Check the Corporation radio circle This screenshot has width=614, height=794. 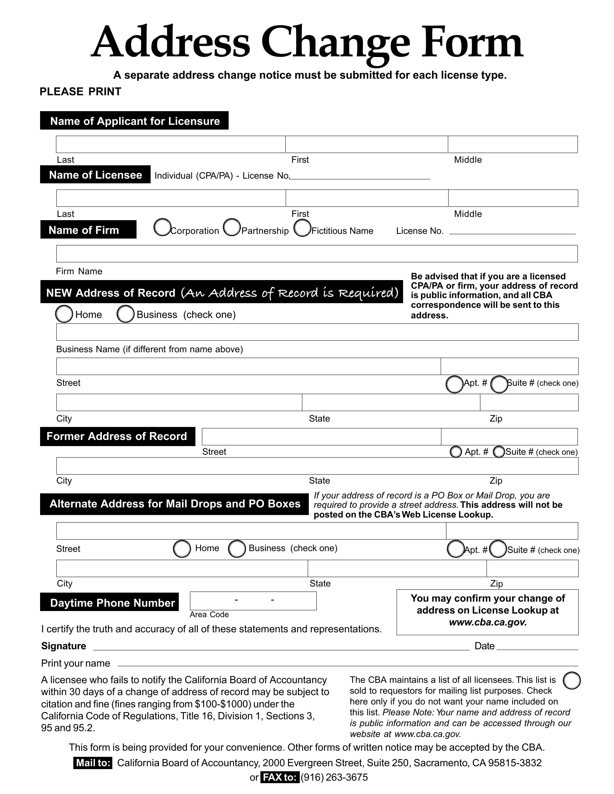click(x=162, y=227)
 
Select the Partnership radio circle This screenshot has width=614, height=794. click(x=232, y=227)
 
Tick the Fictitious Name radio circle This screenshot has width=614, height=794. click(x=302, y=228)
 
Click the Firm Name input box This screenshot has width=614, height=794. click(x=316, y=254)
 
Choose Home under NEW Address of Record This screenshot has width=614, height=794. click(x=64, y=314)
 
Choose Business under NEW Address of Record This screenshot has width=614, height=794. click(x=125, y=314)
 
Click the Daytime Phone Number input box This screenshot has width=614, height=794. click(x=253, y=601)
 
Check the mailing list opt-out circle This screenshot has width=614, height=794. click(x=571, y=681)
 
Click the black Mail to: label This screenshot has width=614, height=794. click(x=93, y=763)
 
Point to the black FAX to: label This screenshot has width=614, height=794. click(x=280, y=777)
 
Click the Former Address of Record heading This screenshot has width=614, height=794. click(x=117, y=436)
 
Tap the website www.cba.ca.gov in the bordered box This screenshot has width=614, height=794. click(x=488, y=622)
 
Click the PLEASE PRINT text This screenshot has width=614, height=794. click(x=81, y=92)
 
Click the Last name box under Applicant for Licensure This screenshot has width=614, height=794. click(x=170, y=144)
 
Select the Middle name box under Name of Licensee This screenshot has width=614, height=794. click(x=513, y=198)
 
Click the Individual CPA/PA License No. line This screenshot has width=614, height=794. click(x=359, y=176)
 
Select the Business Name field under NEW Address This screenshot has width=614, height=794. click(x=316, y=332)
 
